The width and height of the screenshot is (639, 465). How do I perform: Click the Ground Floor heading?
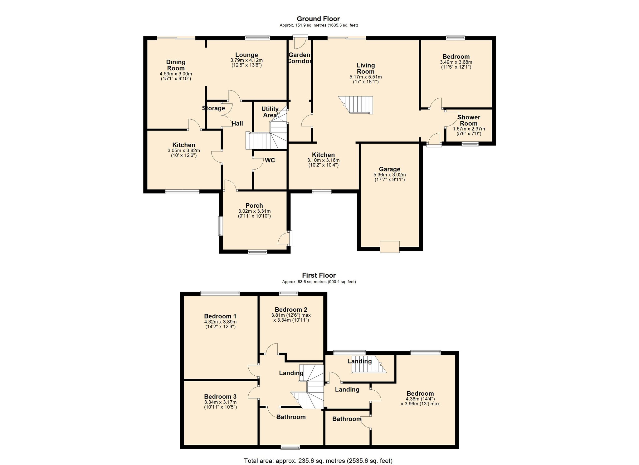[x=318, y=19]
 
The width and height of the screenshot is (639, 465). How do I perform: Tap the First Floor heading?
[x=319, y=275]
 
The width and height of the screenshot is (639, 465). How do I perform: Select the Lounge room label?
[x=246, y=55]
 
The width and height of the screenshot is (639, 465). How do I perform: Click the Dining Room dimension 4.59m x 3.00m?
[x=176, y=74]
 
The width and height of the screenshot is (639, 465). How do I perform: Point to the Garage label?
[x=390, y=169]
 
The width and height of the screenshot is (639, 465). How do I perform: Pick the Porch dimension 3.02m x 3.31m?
[x=254, y=211]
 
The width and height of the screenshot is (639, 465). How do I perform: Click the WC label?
[x=270, y=160]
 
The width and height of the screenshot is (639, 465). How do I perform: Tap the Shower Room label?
[x=469, y=120]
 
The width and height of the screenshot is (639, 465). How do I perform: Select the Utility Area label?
[x=270, y=112]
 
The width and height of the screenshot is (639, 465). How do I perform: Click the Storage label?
[x=213, y=108]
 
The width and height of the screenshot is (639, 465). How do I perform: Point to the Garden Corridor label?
[x=299, y=58]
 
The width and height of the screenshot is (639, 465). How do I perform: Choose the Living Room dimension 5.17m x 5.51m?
[x=366, y=77]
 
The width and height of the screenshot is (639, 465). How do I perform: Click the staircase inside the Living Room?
[x=356, y=105]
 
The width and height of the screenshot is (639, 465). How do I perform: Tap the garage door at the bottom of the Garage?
[x=390, y=247]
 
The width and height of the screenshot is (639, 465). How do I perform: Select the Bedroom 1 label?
[x=220, y=316]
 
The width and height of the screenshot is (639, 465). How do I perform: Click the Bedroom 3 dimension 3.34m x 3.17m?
[x=220, y=402]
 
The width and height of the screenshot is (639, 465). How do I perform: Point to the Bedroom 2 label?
[x=291, y=309]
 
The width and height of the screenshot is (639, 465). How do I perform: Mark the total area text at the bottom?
[x=318, y=461]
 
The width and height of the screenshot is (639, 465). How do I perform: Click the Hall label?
[x=237, y=124]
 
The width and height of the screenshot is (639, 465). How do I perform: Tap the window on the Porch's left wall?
[x=220, y=226]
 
